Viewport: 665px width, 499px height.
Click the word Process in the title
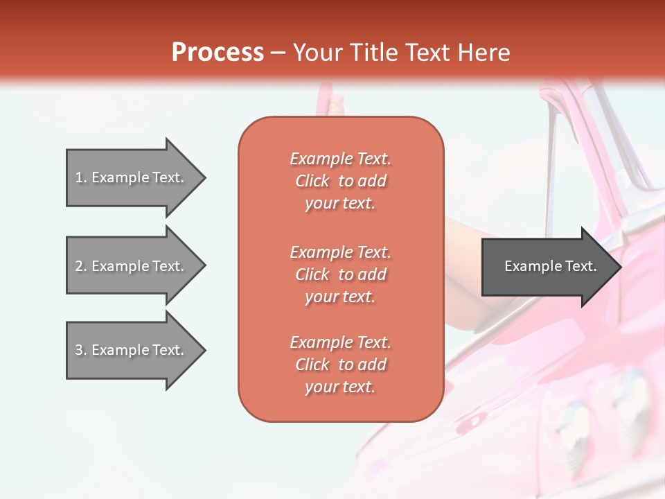click(218, 53)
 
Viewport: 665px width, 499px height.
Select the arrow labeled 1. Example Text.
click(132, 177)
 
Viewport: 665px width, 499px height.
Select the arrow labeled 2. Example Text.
click(132, 266)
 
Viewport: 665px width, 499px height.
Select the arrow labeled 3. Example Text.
click(132, 350)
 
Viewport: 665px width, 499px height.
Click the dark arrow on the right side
click(547, 266)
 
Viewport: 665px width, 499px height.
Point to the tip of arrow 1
click(204, 177)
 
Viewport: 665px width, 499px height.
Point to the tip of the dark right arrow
click(620, 266)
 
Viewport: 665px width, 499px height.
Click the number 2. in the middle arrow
click(81, 266)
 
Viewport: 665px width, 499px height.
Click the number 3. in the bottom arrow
click(81, 350)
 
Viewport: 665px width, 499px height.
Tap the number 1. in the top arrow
click(81, 177)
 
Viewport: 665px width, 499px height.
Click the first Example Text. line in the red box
click(340, 159)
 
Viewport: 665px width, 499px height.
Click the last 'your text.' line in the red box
click(340, 387)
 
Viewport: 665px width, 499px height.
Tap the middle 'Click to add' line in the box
click(340, 274)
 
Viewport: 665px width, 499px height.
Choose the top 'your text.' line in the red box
click(340, 203)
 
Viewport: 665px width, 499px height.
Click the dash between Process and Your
click(278, 53)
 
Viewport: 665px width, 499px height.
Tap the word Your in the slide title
click(317, 53)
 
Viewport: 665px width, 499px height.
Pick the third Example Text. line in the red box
click(340, 342)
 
